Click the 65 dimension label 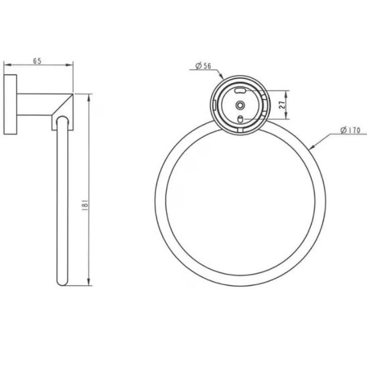coord(37,61)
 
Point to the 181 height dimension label coord(85,206)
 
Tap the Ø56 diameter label coord(203,66)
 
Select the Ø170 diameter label coord(350,130)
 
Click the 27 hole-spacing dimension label coord(283,104)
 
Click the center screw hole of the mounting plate coord(240,105)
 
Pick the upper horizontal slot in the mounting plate coord(240,90)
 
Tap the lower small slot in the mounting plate coord(240,119)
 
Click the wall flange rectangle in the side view coord(10,104)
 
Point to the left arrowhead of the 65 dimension coord(7,65)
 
